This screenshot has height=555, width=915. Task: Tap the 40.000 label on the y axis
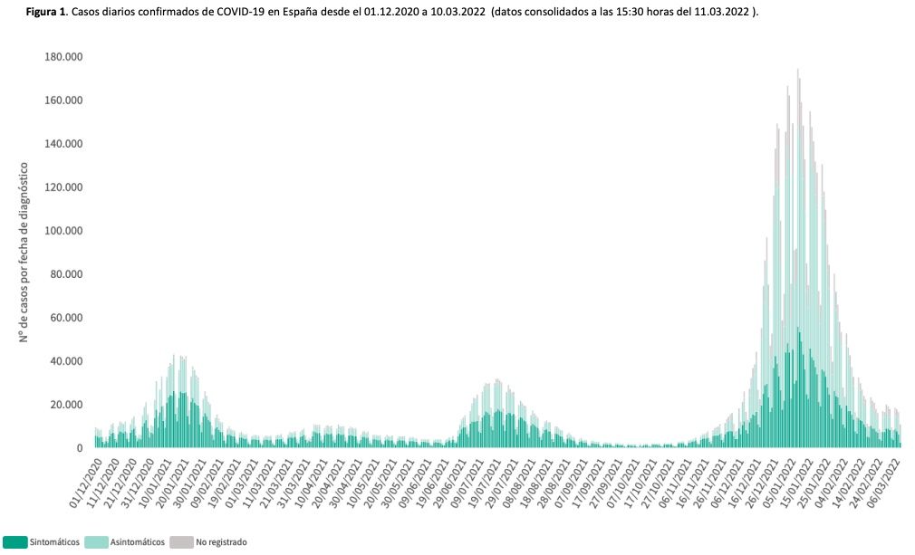coord(64,361)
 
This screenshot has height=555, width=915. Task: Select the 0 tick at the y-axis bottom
coord(80,448)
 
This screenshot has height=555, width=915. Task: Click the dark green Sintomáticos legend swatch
coord(14,542)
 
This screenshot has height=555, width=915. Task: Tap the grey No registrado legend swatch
coord(180,542)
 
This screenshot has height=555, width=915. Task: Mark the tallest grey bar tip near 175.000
coord(797,70)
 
